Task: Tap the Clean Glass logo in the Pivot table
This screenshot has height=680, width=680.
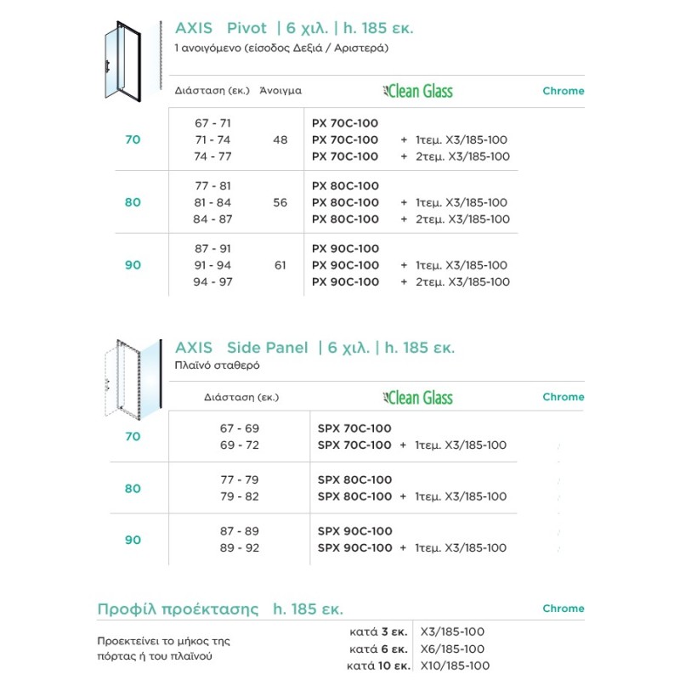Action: coord(419,91)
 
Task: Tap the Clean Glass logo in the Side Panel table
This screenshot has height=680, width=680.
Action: coord(419,397)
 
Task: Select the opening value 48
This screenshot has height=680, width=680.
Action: coord(280,139)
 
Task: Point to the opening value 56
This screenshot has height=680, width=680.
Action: coord(280,202)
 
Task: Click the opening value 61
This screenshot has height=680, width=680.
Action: coord(280,265)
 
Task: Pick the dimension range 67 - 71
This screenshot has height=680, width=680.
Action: coord(212,123)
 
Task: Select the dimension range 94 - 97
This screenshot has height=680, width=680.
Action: coord(212,281)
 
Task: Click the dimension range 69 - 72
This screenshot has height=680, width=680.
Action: coord(239,445)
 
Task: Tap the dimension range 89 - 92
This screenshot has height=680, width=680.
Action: coord(239,547)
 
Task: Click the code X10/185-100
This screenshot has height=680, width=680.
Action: coord(456,666)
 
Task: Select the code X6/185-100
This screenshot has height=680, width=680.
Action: coord(452,649)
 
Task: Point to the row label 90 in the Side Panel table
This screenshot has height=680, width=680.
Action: coord(133,540)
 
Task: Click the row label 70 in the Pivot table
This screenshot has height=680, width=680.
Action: coord(133,139)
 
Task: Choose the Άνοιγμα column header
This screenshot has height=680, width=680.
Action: coord(280,90)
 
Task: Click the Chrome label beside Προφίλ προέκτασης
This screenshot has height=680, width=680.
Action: coord(563,609)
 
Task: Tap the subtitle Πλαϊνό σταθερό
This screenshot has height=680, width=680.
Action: coord(217,365)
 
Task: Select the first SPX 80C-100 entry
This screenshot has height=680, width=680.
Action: coord(354,480)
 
